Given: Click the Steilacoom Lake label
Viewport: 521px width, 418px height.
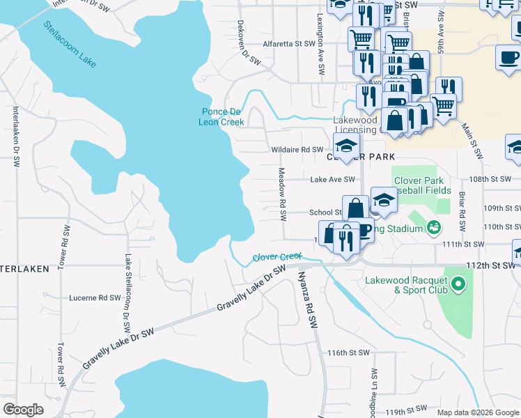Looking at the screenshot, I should [x=70, y=45].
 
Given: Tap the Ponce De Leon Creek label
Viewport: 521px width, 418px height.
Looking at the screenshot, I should [x=223, y=117].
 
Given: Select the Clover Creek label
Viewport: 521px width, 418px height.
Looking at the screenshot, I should [x=277, y=257].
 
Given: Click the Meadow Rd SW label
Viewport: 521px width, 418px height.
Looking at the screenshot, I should [x=282, y=194].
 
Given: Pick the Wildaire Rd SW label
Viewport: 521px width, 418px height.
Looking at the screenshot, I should [x=297, y=150].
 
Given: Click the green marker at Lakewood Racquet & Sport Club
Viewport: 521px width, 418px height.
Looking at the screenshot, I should [x=458, y=284].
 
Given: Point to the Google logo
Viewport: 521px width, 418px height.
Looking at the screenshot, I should [x=23, y=410].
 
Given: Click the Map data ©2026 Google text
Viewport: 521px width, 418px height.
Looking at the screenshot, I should [x=476, y=412].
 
